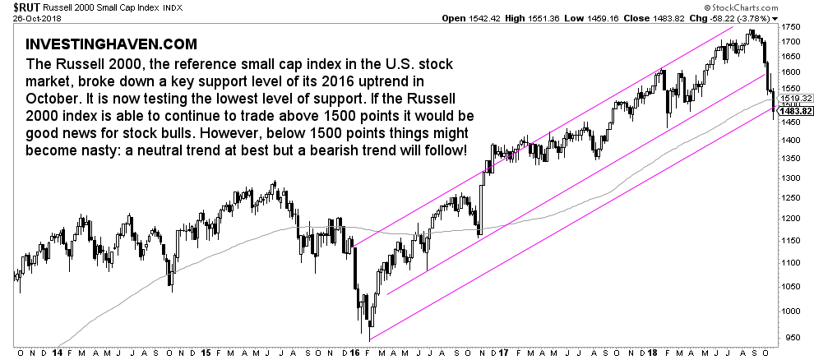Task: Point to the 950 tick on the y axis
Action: coord(788,337)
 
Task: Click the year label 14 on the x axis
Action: coord(58,352)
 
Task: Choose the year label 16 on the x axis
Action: coord(354,352)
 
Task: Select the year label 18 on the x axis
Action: coord(651,352)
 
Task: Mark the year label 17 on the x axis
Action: coord(503,352)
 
